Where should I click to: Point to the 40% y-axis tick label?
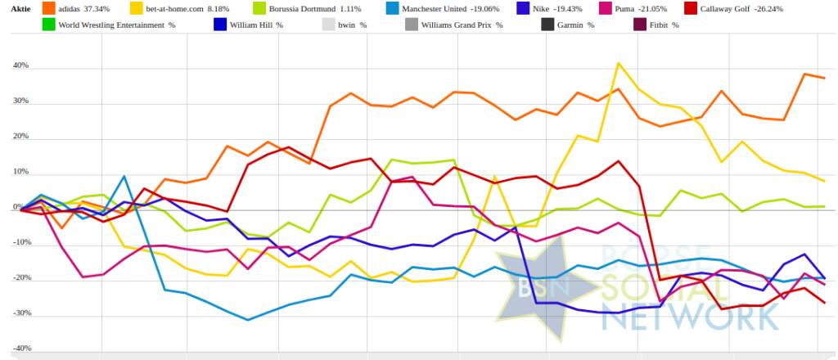coord(21,65)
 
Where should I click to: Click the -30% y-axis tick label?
coord(20,313)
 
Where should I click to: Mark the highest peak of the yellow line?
coord(619,63)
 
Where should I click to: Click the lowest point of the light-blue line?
coord(248,320)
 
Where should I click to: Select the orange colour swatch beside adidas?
coord(48,11)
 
